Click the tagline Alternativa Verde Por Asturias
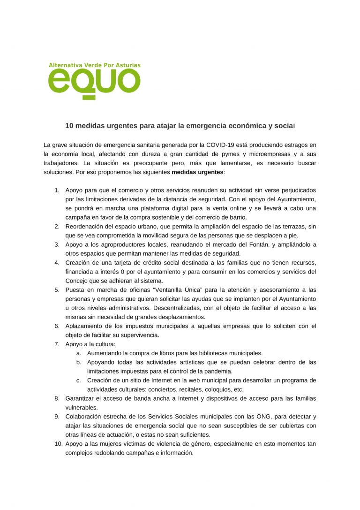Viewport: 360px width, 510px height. tap(94, 65)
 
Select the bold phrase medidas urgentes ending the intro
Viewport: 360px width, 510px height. tap(197, 172)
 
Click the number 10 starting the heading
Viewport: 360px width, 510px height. tap(69, 126)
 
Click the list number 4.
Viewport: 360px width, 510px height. tap(56, 262)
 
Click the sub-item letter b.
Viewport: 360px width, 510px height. tap(78, 362)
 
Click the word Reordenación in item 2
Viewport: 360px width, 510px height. tap(86, 227)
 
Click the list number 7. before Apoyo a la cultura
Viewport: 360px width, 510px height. tap(56, 344)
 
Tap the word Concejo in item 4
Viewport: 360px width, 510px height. tap(77, 281)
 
